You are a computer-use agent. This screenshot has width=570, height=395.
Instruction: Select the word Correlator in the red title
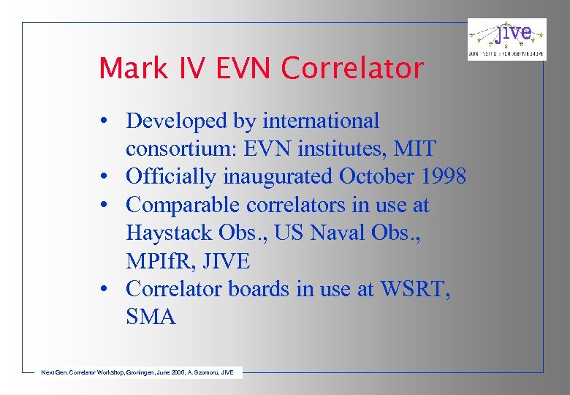pyautogui.click(x=352, y=69)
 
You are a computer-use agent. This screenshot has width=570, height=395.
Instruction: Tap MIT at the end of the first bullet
pyautogui.click(x=414, y=149)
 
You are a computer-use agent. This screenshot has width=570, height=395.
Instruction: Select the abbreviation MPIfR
pyautogui.click(x=158, y=261)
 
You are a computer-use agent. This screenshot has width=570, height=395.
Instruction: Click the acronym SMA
pyautogui.click(x=151, y=317)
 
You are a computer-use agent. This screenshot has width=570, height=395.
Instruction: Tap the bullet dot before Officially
pyautogui.click(x=106, y=178)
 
